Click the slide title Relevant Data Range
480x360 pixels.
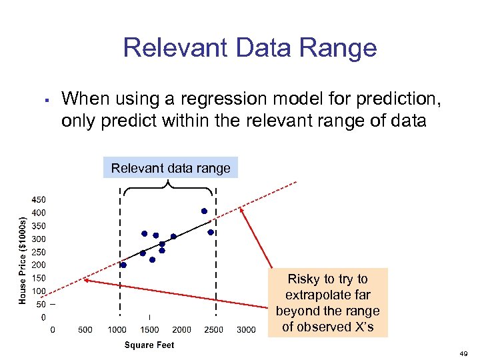[250, 49]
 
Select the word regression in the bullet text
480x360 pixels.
[208, 99]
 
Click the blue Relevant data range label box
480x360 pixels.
[171, 168]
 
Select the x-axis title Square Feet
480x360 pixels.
[149, 345]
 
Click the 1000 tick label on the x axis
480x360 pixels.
[117, 329]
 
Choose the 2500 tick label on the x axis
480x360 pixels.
[213, 329]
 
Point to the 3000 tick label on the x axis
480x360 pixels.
[246, 329]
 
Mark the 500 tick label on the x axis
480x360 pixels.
[85, 329]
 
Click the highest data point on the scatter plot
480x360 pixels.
[204, 211]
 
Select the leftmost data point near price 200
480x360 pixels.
[123, 265]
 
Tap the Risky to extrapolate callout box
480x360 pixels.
[327, 303]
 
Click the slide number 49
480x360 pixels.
[465, 353]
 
